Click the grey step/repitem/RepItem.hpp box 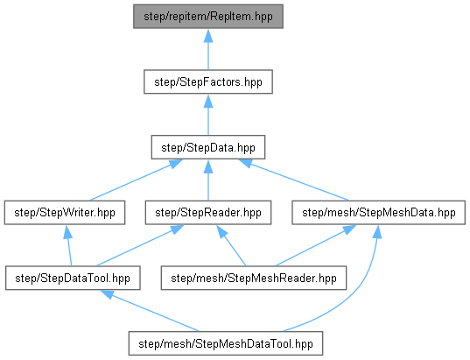click(x=208, y=17)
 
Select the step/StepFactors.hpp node click(x=208, y=82)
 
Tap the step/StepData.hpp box click(x=208, y=147)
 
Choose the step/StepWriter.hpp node click(x=65, y=213)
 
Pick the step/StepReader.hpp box click(x=208, y=213)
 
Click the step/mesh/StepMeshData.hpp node click(x=379, y=213)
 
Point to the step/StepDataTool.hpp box click(x=73, y=278)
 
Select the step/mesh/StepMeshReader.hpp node click(x=254, y=278)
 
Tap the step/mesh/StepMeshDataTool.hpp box click(x=226, y=343)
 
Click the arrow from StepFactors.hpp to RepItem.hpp click(x=208, y=50)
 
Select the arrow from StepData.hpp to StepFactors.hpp click(x=208, y=115)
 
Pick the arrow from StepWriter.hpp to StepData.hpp click(x=136, y=180)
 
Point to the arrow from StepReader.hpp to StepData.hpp click(x=208, y=180)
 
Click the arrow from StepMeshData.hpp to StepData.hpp click(x=294, y=180)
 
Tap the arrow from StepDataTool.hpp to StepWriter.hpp click(x=69, y=245)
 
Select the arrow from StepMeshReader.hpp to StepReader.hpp click(x=231, y=245)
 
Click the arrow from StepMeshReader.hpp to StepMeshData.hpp click(x=316, y=245)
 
